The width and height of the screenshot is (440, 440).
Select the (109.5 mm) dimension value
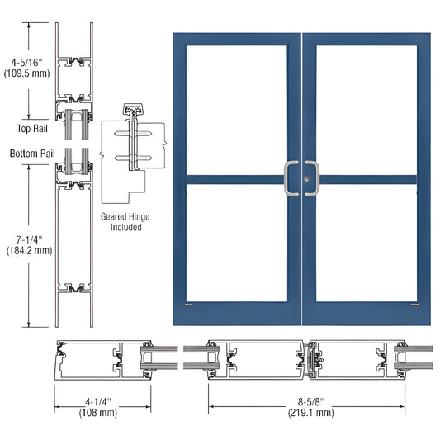click(31, 73)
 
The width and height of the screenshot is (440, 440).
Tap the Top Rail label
click(30, 129)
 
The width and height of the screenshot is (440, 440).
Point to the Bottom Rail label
click(30, 154)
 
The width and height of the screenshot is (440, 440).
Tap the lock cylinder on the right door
click(308, 178)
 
